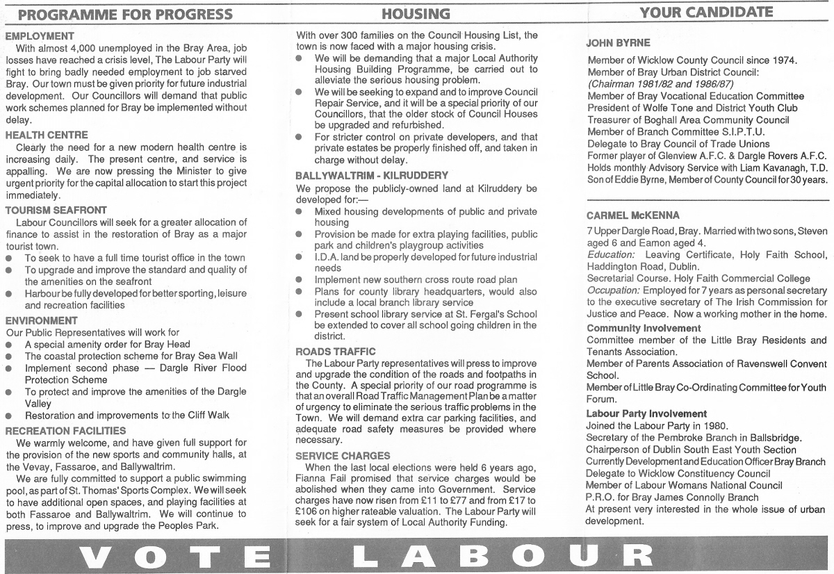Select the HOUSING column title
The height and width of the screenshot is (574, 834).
point(416,14)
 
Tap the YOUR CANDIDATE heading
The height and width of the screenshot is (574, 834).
point(706,12)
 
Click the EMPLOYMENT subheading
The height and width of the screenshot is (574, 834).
point(40,35)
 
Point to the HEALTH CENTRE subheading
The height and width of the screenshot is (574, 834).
point(47,135)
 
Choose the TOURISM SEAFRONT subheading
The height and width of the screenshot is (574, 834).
point(56,210)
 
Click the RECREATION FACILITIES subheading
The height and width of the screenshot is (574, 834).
point(65,431)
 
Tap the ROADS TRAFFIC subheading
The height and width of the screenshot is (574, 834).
point(336,352)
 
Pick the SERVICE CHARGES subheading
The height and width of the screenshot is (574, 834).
point(343,456)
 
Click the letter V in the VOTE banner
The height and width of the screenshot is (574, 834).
point(97,556)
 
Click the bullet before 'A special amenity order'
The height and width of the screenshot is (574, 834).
point(9,345)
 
